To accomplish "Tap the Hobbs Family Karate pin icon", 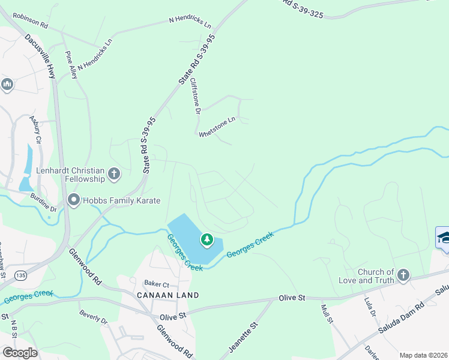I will point(74,200).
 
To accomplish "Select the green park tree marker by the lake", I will point(207,240).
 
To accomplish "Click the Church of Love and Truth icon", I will point(403,275).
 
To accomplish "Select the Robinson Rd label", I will point(29,22).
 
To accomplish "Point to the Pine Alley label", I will point(71,65).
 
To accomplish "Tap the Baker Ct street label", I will point(157,283).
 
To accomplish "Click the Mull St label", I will point(327,314).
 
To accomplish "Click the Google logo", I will point(19,352).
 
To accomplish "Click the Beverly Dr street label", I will point(93,317).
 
